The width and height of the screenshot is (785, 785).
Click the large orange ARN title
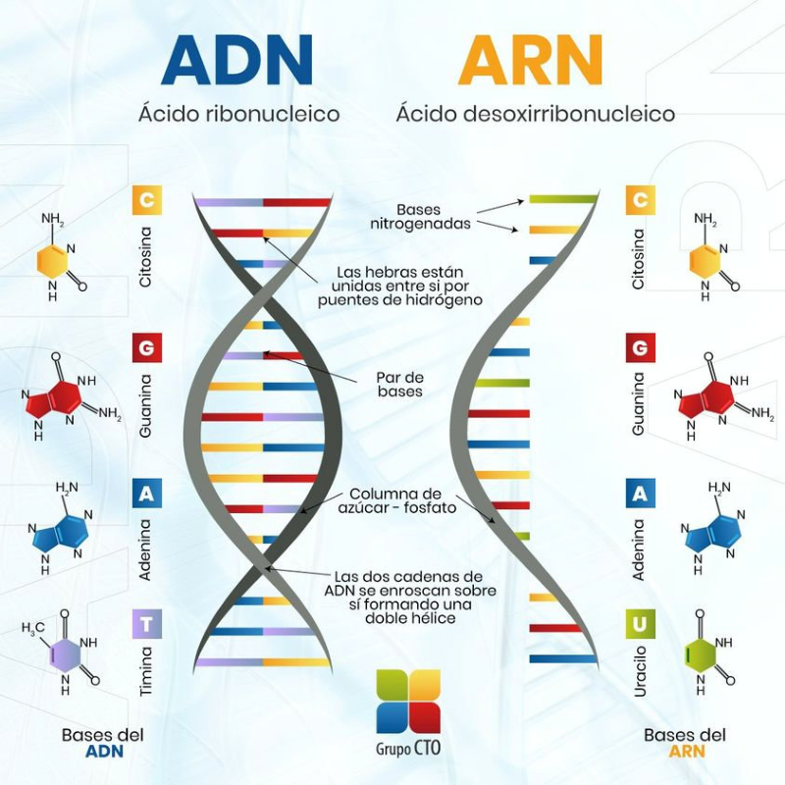[x=530, y=61]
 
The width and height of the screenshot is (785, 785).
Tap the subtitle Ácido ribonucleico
[x=238, y=114]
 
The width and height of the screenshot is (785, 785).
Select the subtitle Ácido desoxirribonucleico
[x=535, y=114]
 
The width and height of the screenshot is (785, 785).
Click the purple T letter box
[x=145, y=623]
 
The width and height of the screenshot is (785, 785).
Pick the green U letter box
[x=640, y=623]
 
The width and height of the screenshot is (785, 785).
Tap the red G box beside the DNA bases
[x=145, y=347]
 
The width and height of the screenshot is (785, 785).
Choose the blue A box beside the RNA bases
[x=640, y=494]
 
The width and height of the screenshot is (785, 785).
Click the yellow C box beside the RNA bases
[x=640, y=201]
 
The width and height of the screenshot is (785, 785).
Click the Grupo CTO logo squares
[x=408, y=701]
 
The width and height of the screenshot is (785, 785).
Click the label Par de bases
[x=399, y=384]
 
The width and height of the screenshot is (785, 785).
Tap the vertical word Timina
[x=146, y=671]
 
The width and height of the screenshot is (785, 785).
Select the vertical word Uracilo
[x=640, y=670]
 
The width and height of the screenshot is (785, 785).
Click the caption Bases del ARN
[x=685, y=743]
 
